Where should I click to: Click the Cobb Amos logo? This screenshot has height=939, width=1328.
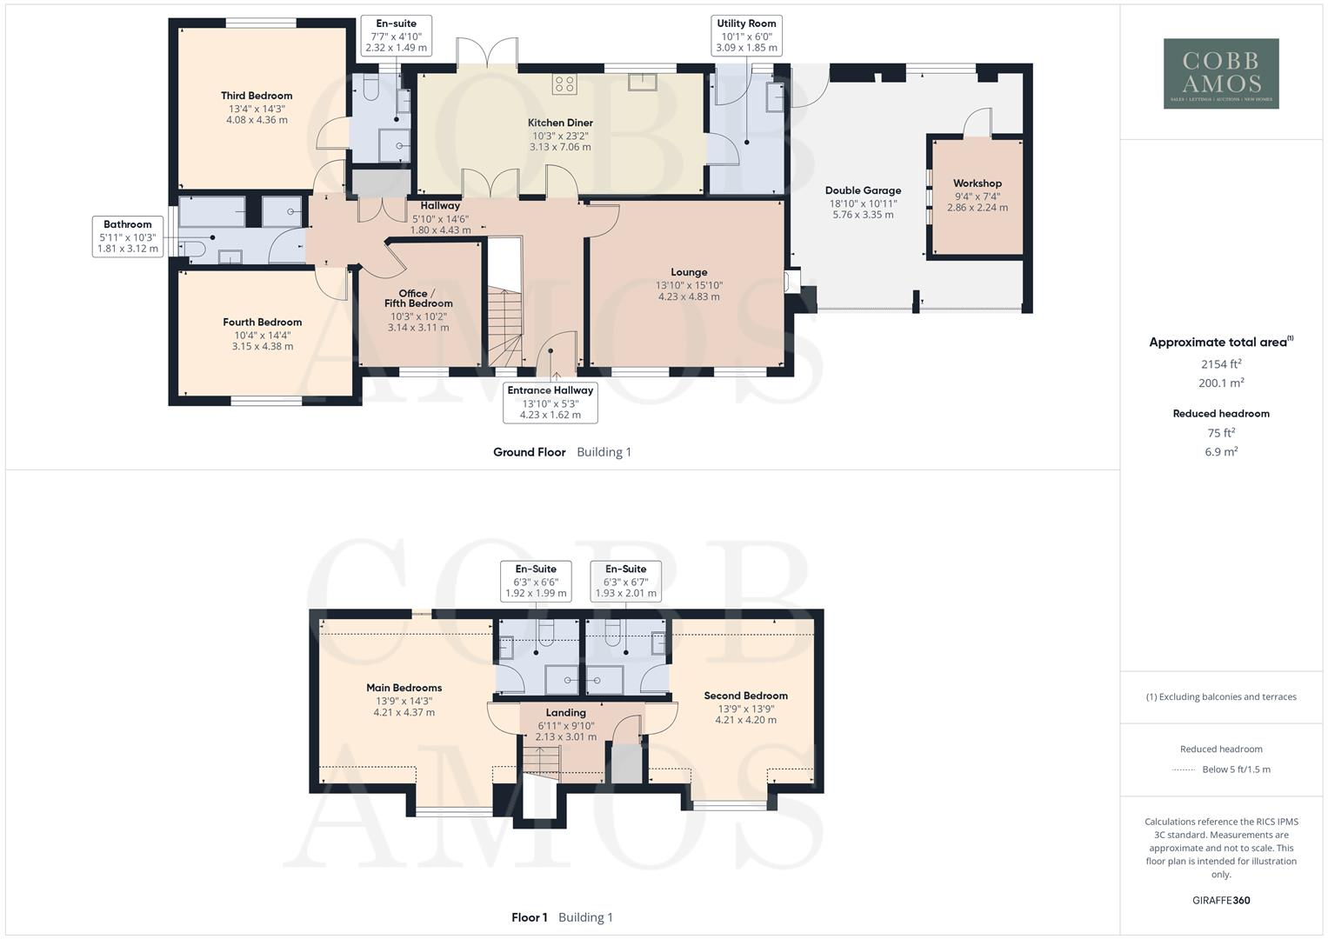coord(1221,73)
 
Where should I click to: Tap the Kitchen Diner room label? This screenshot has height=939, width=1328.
coord(560,123)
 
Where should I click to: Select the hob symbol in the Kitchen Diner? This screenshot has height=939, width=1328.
coord(564,84)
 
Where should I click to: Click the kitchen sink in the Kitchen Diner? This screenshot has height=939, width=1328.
coord(643,82)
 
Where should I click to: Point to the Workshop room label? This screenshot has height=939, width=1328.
coord(977,183)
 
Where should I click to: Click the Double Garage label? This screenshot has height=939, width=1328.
coord(863,190)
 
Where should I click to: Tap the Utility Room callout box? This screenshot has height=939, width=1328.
coord(746,36)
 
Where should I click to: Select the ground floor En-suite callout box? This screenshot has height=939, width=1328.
coord(396,36)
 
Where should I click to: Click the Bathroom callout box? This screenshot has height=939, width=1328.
coord(128,236)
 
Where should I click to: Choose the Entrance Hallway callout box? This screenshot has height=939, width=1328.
coord(550,403)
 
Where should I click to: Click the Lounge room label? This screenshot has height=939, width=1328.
coord(689,272)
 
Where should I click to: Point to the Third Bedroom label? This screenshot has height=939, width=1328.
coord(257,96)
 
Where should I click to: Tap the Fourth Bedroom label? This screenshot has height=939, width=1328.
coord(262,322)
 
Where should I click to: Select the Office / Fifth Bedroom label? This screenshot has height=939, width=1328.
coord(418,298)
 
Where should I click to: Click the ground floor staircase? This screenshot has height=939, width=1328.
coord(504,326)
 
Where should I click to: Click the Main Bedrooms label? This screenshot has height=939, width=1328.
coord(404,688)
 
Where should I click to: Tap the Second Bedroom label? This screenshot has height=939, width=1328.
coord(745,696)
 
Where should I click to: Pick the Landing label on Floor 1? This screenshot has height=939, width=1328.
coord(565,713)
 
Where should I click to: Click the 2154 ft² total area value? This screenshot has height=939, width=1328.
coord(1221,364)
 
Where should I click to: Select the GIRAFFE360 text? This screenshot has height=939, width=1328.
coord(1221,900)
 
